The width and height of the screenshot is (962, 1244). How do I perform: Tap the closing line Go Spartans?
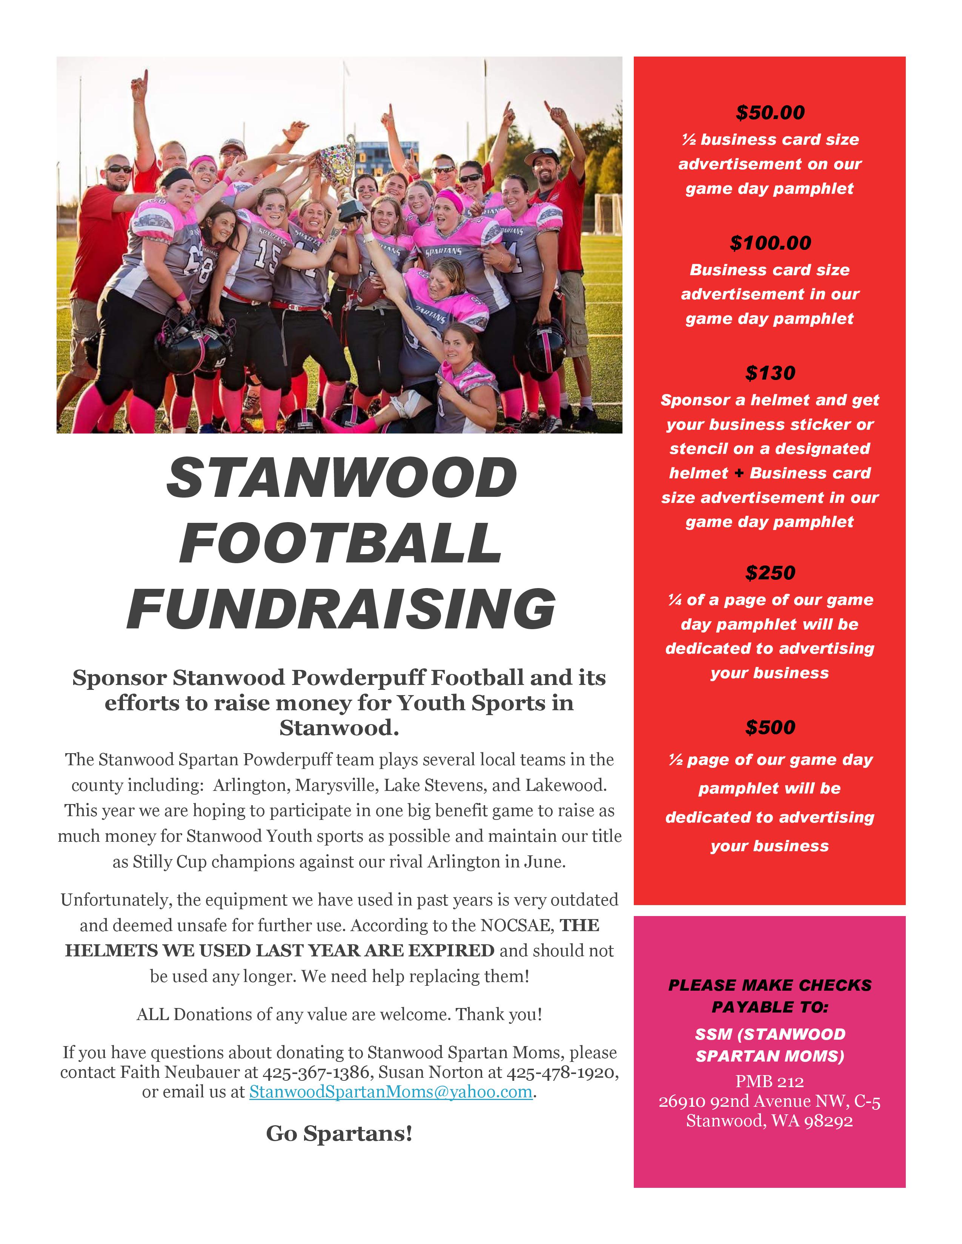tap(339, 1134)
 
